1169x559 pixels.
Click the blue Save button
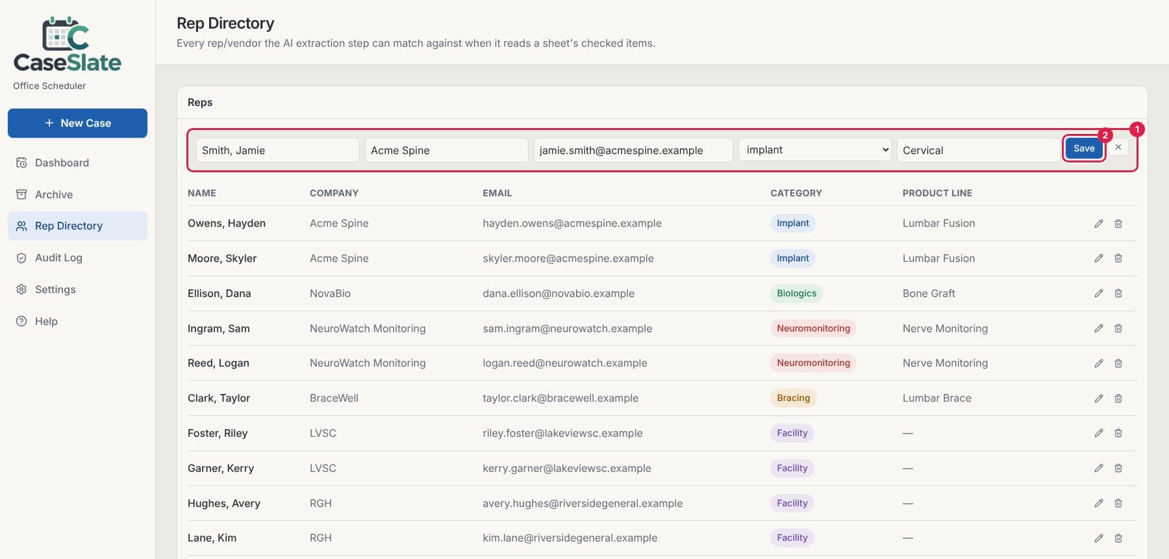[x=1084, y=148]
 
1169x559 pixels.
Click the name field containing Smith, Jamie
[x=277, y=150]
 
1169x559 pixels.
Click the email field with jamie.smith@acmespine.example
[x=633, y=150]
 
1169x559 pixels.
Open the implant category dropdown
[x=814, y=149]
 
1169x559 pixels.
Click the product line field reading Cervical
[x=978, y=150]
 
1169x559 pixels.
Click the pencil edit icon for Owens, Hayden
[x=1099, y=224]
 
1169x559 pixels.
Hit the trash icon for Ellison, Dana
[x=1118, y=293]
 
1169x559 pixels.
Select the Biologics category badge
[x=796, y=293]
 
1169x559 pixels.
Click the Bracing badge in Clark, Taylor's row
[x=793, y=398]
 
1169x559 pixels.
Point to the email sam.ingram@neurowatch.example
[x=567, y=328]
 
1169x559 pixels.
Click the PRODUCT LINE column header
[x=937, y=193]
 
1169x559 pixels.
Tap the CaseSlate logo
[x=68, y=44]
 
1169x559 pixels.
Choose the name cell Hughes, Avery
[x=224, y=503]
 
